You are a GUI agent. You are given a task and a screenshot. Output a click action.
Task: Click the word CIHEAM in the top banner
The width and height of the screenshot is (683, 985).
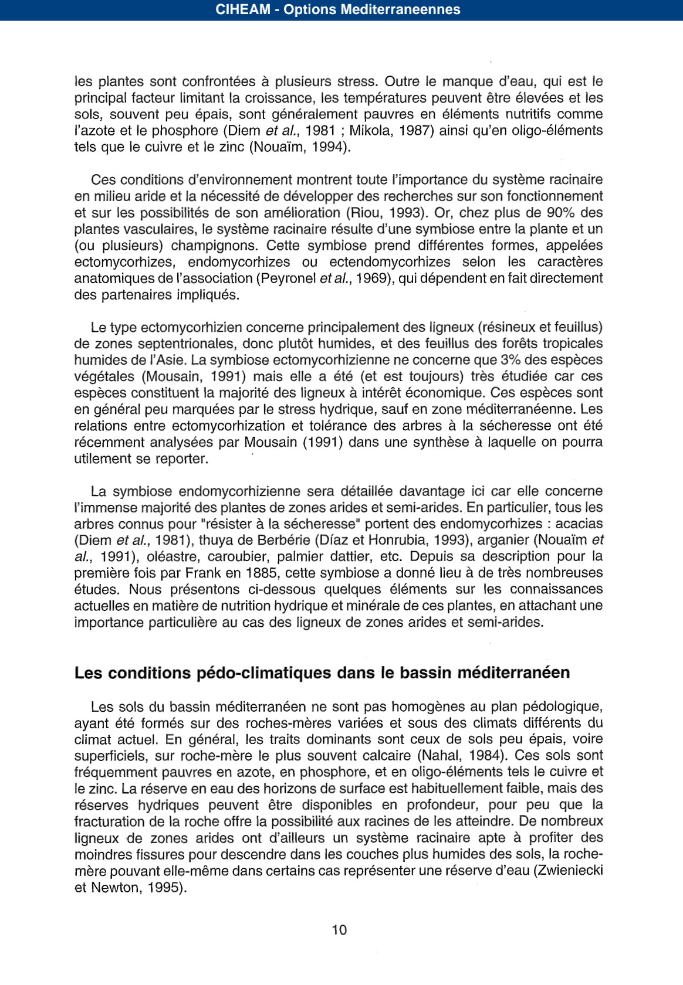coord(242,9)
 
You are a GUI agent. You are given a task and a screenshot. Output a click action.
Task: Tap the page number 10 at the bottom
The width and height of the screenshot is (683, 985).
coord(339,930)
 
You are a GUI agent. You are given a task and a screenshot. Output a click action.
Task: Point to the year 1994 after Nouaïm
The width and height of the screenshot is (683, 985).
coord(331,147)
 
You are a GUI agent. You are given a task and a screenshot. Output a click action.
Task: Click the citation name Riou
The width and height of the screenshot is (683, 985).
coord(365,212)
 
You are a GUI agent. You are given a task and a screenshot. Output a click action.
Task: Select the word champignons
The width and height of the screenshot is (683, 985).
coord(215,245)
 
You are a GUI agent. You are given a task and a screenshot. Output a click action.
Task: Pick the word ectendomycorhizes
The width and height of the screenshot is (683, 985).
coord(390,261)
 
